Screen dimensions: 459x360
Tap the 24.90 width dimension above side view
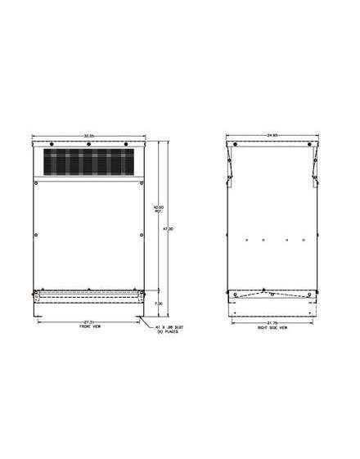(x=259, y=133)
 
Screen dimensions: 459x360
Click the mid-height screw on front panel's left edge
(x=38, y=236)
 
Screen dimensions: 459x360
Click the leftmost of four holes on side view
(x=245, y=240)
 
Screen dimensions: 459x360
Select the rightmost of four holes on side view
(x=304, y=240)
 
